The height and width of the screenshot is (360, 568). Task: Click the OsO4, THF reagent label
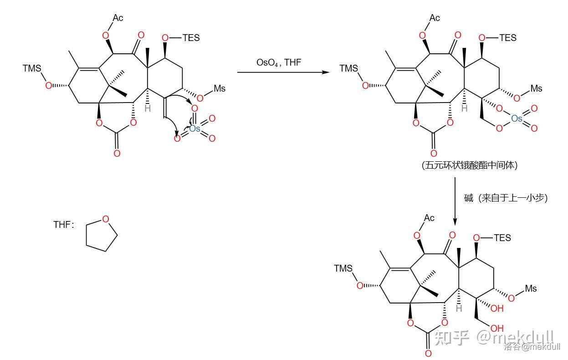point(279,62)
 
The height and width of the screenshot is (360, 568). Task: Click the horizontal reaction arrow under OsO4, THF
point(282,72)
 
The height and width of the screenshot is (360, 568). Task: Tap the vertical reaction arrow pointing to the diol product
point(455,201)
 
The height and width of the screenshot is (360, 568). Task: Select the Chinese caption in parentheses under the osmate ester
point(470,165)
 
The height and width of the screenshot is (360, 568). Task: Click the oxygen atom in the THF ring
point(106,219)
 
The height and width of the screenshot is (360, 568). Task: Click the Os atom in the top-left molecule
point(194,129)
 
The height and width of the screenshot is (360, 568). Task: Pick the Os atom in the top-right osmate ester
point(517,118)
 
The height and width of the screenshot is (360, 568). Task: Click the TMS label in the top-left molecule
point(32,68)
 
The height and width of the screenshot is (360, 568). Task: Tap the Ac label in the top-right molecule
point(435,18)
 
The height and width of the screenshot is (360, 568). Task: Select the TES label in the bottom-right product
point(502,237)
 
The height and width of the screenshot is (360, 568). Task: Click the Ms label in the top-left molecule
point(220,88)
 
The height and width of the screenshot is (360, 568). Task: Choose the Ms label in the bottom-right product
point(531,288)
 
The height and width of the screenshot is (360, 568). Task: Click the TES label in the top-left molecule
point(191,38)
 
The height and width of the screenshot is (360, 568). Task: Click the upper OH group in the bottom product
point(497,309)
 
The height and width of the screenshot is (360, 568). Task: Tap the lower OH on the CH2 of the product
point(497,328)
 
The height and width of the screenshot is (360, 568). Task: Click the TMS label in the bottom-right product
point(343,268)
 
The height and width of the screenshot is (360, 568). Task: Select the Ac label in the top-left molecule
point(118,18)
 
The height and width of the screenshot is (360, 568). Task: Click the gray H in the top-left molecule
point(148,108)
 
